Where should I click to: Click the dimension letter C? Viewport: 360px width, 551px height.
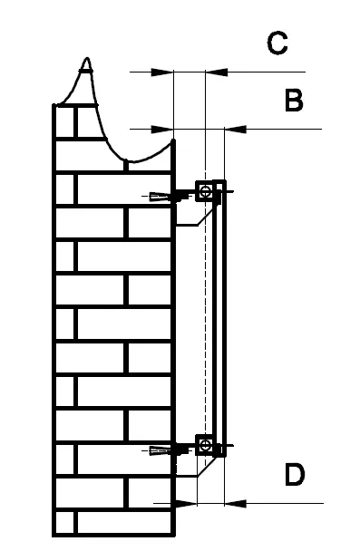coord(277,43)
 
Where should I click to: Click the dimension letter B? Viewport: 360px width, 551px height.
coord(293,101)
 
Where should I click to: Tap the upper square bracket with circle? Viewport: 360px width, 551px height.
coord(208,191)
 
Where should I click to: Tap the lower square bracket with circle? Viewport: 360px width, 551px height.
coord(208,445)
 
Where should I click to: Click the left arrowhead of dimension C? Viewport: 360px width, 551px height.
coord(164,71)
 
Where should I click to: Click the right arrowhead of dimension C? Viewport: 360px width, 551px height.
coord(213,71)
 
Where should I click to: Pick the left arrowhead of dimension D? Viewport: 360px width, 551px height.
coord(186,501)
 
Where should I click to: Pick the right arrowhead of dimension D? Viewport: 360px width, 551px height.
coord(230,501)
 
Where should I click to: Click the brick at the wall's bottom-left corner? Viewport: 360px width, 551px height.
coord(64,523)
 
